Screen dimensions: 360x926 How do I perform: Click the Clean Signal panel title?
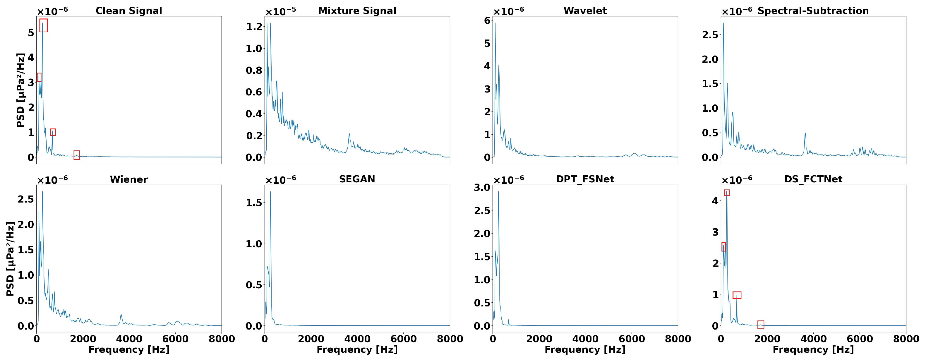pyautogui.click(x=129, y=11)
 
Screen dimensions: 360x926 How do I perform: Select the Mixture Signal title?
pyautogui.click(x=357, y=11)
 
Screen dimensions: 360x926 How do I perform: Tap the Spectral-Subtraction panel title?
pyautogui.click(x=813, y=11)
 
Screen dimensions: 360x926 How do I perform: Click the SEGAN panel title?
pyautogui.click(x=357, y=179)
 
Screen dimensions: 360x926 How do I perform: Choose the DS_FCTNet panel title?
pyautogui.click(x=813, y=179)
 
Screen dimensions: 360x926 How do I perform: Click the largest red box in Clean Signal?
pyautogui.click(x=44, y=25)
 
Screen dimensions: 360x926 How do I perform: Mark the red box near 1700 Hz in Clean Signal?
pyautogui.click(x=77, y=155)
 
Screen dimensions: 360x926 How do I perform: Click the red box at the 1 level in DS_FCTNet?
pyautogui.click(x=737, y=295)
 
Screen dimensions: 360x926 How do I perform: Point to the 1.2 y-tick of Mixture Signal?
pyautogui.click(x=254, y=27)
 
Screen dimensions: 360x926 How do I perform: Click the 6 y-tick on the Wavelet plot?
pyautogui.click(x=487, y=21)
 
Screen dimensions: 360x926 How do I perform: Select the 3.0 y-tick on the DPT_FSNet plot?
pyautogui.click(x=482, y=187)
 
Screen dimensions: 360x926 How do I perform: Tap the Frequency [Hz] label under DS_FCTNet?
pyautogui.click(x=813, y=349)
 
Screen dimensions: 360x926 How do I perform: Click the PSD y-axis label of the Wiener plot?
pyautogui.click(x=11, y=259)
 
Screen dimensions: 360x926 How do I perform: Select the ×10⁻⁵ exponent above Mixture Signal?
pyautogui.click(x=281, y=11)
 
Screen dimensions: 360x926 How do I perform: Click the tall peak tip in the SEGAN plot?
pyautogui.click(x=270, y=192)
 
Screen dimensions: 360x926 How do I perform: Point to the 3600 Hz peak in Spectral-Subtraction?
pyautogui.click(x=805, y=134)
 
